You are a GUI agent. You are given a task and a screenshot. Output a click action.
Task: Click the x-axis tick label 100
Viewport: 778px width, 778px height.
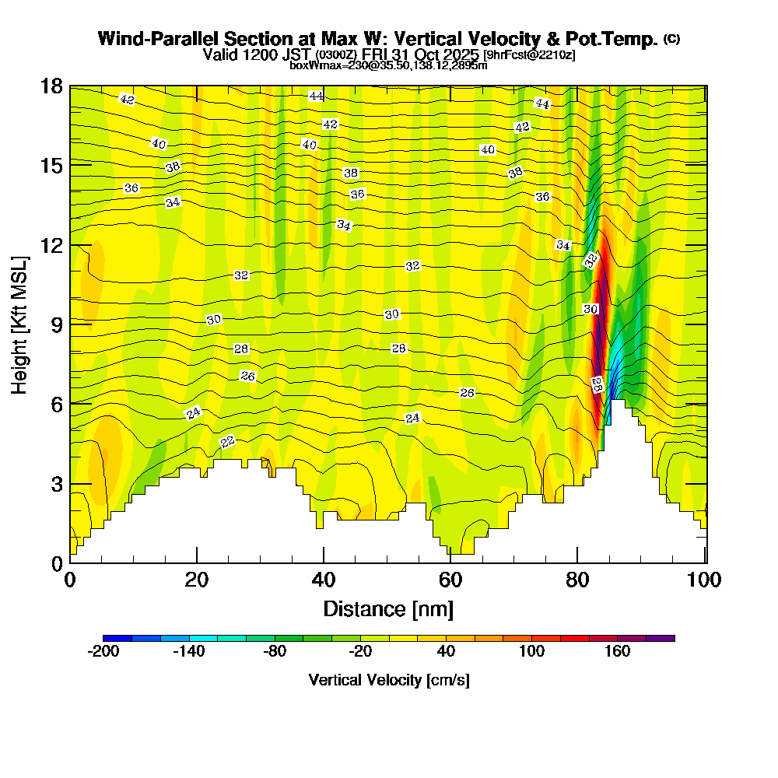click(x=705, y=580)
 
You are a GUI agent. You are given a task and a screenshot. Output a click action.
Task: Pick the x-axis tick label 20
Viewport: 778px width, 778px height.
click(x=197, y=580)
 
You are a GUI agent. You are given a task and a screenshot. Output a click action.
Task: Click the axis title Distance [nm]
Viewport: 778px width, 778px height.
click(x=388, y=608)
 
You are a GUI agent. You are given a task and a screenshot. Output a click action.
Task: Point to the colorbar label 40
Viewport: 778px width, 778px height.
click(x=447, y=652)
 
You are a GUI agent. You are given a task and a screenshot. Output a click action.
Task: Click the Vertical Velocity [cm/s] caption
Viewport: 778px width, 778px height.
click(x=388, y=680)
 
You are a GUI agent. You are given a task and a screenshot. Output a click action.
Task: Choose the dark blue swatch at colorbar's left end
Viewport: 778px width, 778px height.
click(x=117, y=638)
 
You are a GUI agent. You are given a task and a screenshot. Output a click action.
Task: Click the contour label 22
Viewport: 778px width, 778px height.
click(x=228, y=442)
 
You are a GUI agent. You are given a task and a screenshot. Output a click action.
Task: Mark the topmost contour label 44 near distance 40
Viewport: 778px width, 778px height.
click(x=316, y=96)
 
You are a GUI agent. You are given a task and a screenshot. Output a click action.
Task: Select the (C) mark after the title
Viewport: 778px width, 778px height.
click(x=671, y=38)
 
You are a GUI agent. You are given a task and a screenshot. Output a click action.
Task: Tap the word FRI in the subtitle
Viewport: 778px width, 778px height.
click(x=376, y=54)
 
